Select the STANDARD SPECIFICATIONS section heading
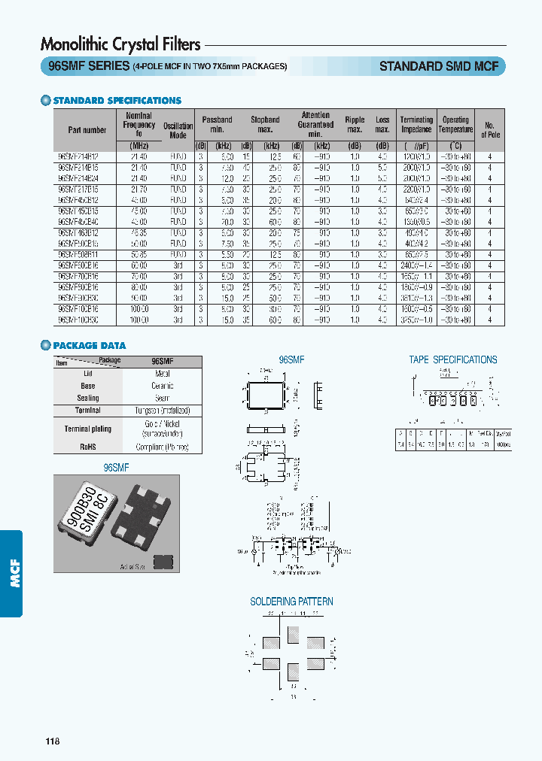coord(117,100)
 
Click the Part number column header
coord(87,130)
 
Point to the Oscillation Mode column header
coord(178,130)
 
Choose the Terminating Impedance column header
coord(416,125)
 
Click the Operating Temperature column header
coord(455,125)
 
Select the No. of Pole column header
coord(489,129)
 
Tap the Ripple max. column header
coord(355,125)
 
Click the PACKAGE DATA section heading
coord(89,346)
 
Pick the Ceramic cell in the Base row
coord(162,386)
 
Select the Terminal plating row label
coord(87,429)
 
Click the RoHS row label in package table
coord(87,446)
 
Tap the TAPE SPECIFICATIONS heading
coord(453,360)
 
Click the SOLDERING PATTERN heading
coord(291,602)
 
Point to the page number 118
coord(52,742)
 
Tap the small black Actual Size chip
coord(160,561)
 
